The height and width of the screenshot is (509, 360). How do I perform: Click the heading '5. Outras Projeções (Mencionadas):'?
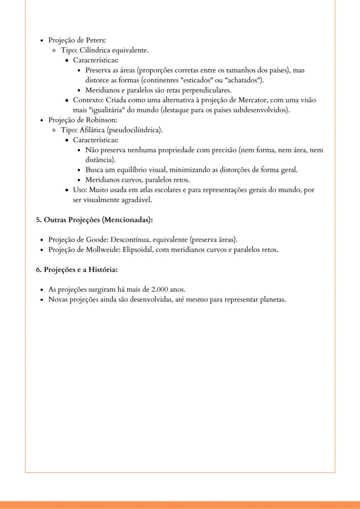(94, 220)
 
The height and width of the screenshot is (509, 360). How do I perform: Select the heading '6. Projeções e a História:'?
(77, 269)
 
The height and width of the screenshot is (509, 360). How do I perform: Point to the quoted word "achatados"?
(245, 80)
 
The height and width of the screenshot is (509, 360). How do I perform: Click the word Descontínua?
(130, 240)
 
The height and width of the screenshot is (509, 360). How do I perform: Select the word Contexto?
(87, 100)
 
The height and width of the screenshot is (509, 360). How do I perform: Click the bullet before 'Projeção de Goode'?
(41, 240)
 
